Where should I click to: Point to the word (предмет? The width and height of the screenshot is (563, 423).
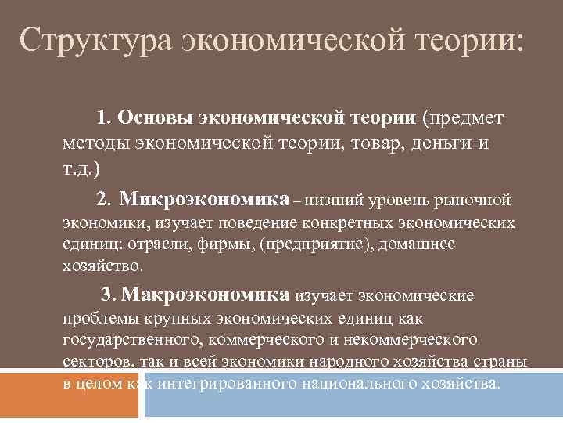[463, 118]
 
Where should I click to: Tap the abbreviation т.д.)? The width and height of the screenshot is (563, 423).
[81, 169]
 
